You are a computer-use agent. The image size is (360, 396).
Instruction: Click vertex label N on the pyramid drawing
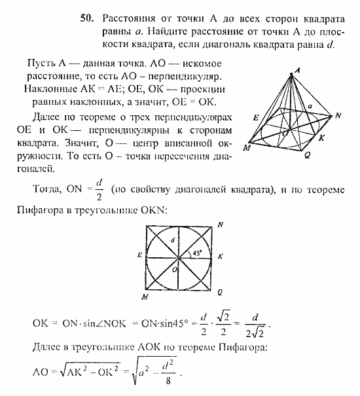[338, 116]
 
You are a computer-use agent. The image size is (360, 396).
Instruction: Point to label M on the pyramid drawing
[246, 147]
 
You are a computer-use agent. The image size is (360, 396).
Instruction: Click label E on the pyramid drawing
[256, 117]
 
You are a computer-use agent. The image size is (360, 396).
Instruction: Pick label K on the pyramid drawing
[320, 138]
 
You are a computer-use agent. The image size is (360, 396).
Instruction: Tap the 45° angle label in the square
[196, 253]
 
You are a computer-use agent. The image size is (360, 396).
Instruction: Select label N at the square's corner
[220, 225]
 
